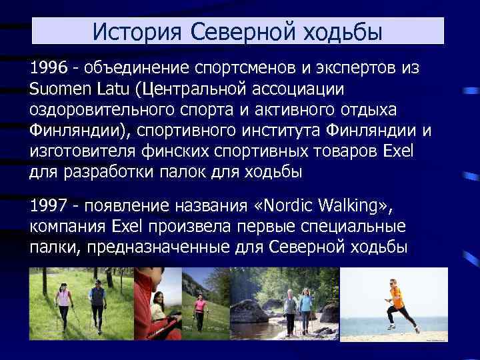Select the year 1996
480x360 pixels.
[x=47, y=68]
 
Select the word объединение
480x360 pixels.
[x=137, y=68]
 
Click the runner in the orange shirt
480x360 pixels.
[x=397, y=304]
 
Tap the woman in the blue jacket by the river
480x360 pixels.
[x=305, y=311]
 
